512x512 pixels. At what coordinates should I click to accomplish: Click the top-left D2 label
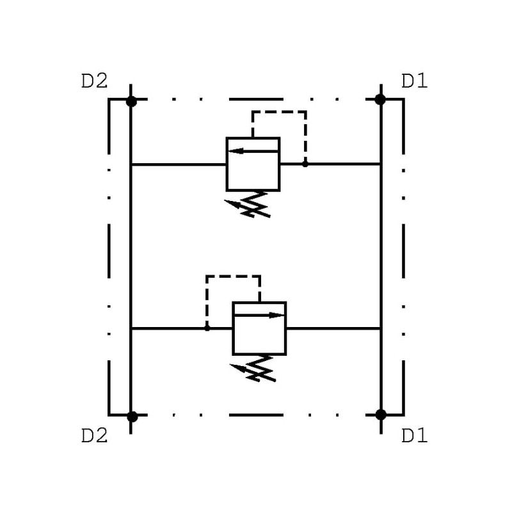[x=94, y=81]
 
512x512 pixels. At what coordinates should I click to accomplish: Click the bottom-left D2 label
[x=94, y=436]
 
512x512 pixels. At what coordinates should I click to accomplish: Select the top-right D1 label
[x=414, y=81]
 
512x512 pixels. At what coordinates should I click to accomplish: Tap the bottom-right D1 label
[x=414, y=436]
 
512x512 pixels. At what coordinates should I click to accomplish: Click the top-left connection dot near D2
[x=131, y=101]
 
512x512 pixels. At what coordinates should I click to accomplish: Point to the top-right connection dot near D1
[x=380, y=99]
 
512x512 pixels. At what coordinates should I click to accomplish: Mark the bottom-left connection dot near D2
[x=132, y=416]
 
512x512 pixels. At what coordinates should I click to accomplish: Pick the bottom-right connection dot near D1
[x=381, y=415]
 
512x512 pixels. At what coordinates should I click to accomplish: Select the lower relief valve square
[x=259, y=335]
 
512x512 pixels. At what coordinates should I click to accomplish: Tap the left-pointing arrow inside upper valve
[x=253, y=151]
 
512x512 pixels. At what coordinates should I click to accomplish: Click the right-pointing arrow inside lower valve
[x=259, y=315]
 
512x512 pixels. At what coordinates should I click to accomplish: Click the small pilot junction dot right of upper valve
[x=305, y=164]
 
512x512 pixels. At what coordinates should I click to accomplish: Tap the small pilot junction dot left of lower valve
[x=207, y=328]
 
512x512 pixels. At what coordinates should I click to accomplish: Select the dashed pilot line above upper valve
[x=279, y=112]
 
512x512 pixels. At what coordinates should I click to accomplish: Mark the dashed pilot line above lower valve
[x=233, y=276]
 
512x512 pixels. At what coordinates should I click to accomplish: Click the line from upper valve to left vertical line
[x=179, y=164]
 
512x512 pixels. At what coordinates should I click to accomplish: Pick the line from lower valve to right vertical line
[x=333, y=328]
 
